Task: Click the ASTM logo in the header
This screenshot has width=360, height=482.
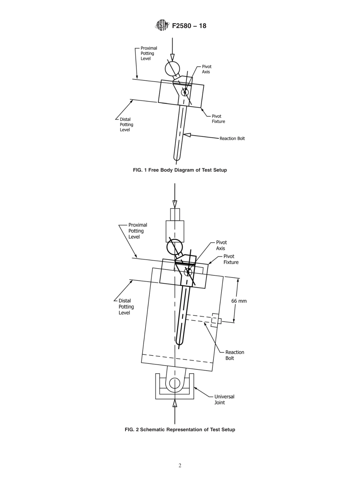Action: point(162,25)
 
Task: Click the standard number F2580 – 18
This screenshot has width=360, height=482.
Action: point(189,26)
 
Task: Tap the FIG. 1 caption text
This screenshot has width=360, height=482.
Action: point(180,170)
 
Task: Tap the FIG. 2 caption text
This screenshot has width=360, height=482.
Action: point(180,429)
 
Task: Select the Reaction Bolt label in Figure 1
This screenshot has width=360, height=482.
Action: point(232,138)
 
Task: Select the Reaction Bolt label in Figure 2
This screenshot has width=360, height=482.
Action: point(235,355)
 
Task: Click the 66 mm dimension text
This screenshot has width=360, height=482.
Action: point(239,301)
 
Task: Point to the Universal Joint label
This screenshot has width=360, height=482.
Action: point(224,399)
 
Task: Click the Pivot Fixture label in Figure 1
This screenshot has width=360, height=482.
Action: point(218,119)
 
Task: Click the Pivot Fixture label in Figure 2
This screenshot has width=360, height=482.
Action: point(231,259)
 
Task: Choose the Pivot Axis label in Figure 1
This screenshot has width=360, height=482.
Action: point(207,69)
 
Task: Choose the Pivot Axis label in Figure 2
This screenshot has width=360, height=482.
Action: point(221,245)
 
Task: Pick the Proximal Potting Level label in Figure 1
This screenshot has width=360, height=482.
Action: point(149,53)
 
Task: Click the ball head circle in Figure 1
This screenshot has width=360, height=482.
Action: point(172,69)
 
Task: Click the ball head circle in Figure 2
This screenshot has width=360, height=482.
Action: point(174,247)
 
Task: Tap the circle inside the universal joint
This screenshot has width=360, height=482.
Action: point(175,383)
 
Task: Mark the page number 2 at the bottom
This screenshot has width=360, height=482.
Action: point(180,465)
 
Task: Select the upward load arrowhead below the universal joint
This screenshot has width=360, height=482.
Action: point(175,404)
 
